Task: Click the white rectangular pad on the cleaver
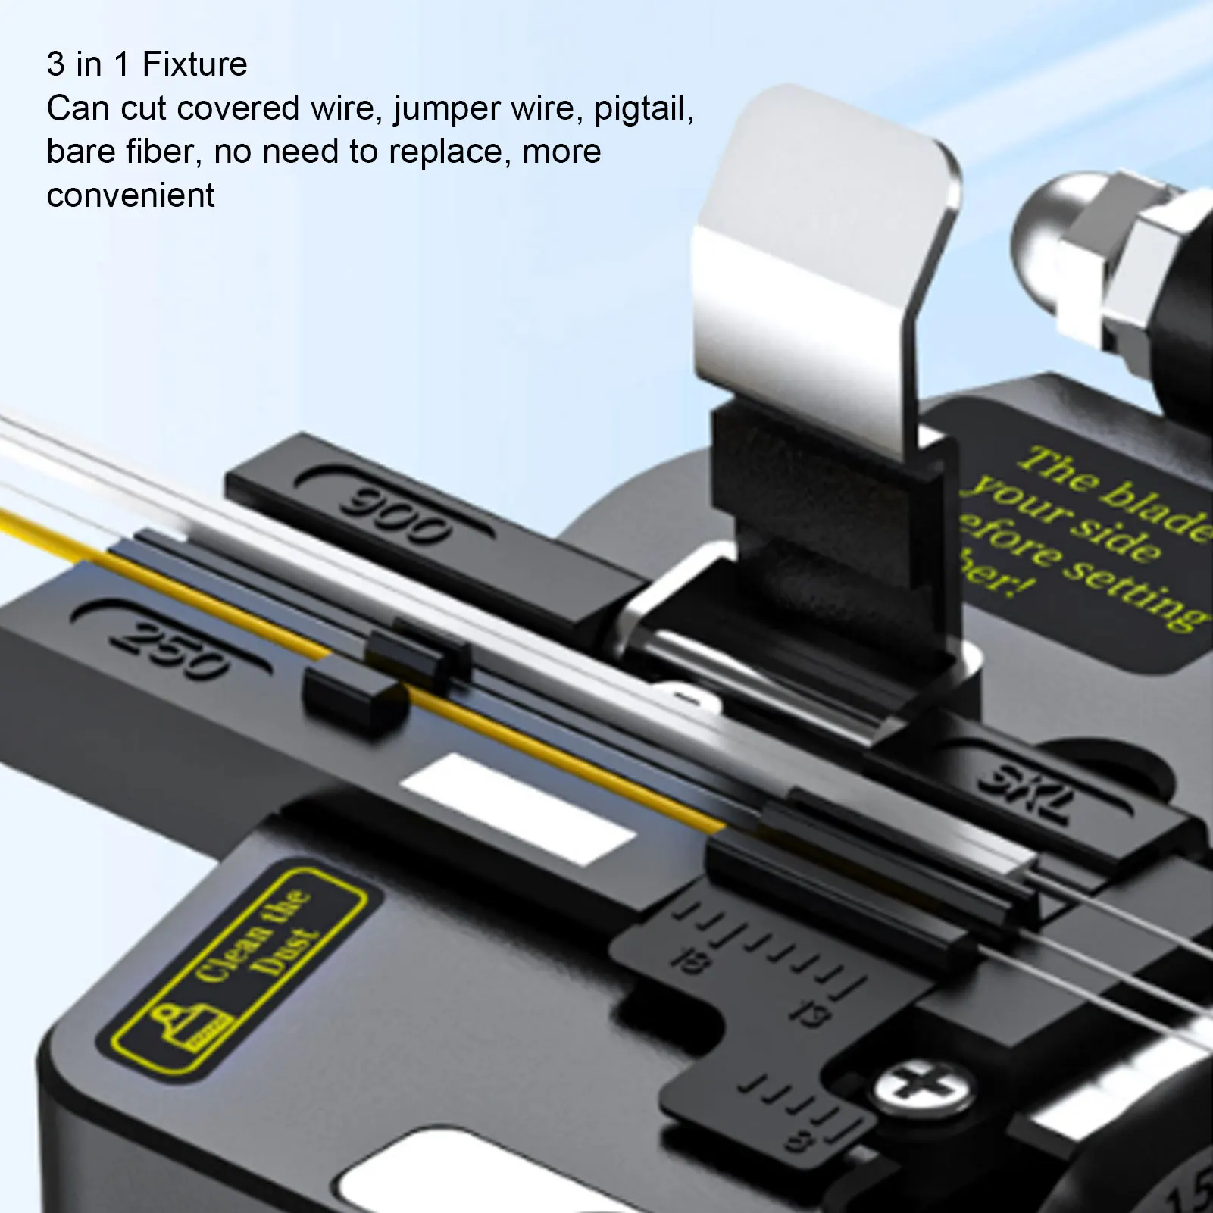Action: click(x=517, y=808)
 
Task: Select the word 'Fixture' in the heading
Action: click(x=195, y=64)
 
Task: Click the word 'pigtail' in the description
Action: click(x=644, y=108)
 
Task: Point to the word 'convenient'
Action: click(x=130, y=195)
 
